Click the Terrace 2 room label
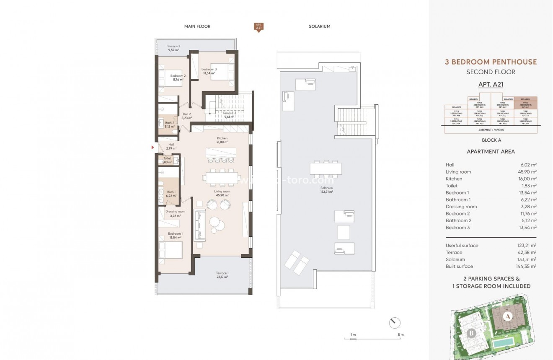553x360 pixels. click(x=173, y=48)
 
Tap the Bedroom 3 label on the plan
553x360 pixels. click(x=209, y=71)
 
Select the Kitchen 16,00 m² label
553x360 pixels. click(x=222, y=140)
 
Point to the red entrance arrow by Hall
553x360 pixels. click(x=152, y=148)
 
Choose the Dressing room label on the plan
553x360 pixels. click(x=175, y=214)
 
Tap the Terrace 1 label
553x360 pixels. click(x=222, y=275)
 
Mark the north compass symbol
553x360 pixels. click(x=395, y=323)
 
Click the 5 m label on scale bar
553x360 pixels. click(x=401, y=335)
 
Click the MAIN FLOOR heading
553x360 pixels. click(x=197, y=26)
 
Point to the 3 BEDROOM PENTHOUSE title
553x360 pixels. click(x=491, y=62)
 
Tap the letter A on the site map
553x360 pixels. click(x=507, y=316)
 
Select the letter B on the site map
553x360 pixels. click(x=471, y=334)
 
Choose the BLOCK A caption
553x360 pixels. click(x=491, y=140)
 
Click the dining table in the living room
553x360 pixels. click(x=221, y=177)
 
